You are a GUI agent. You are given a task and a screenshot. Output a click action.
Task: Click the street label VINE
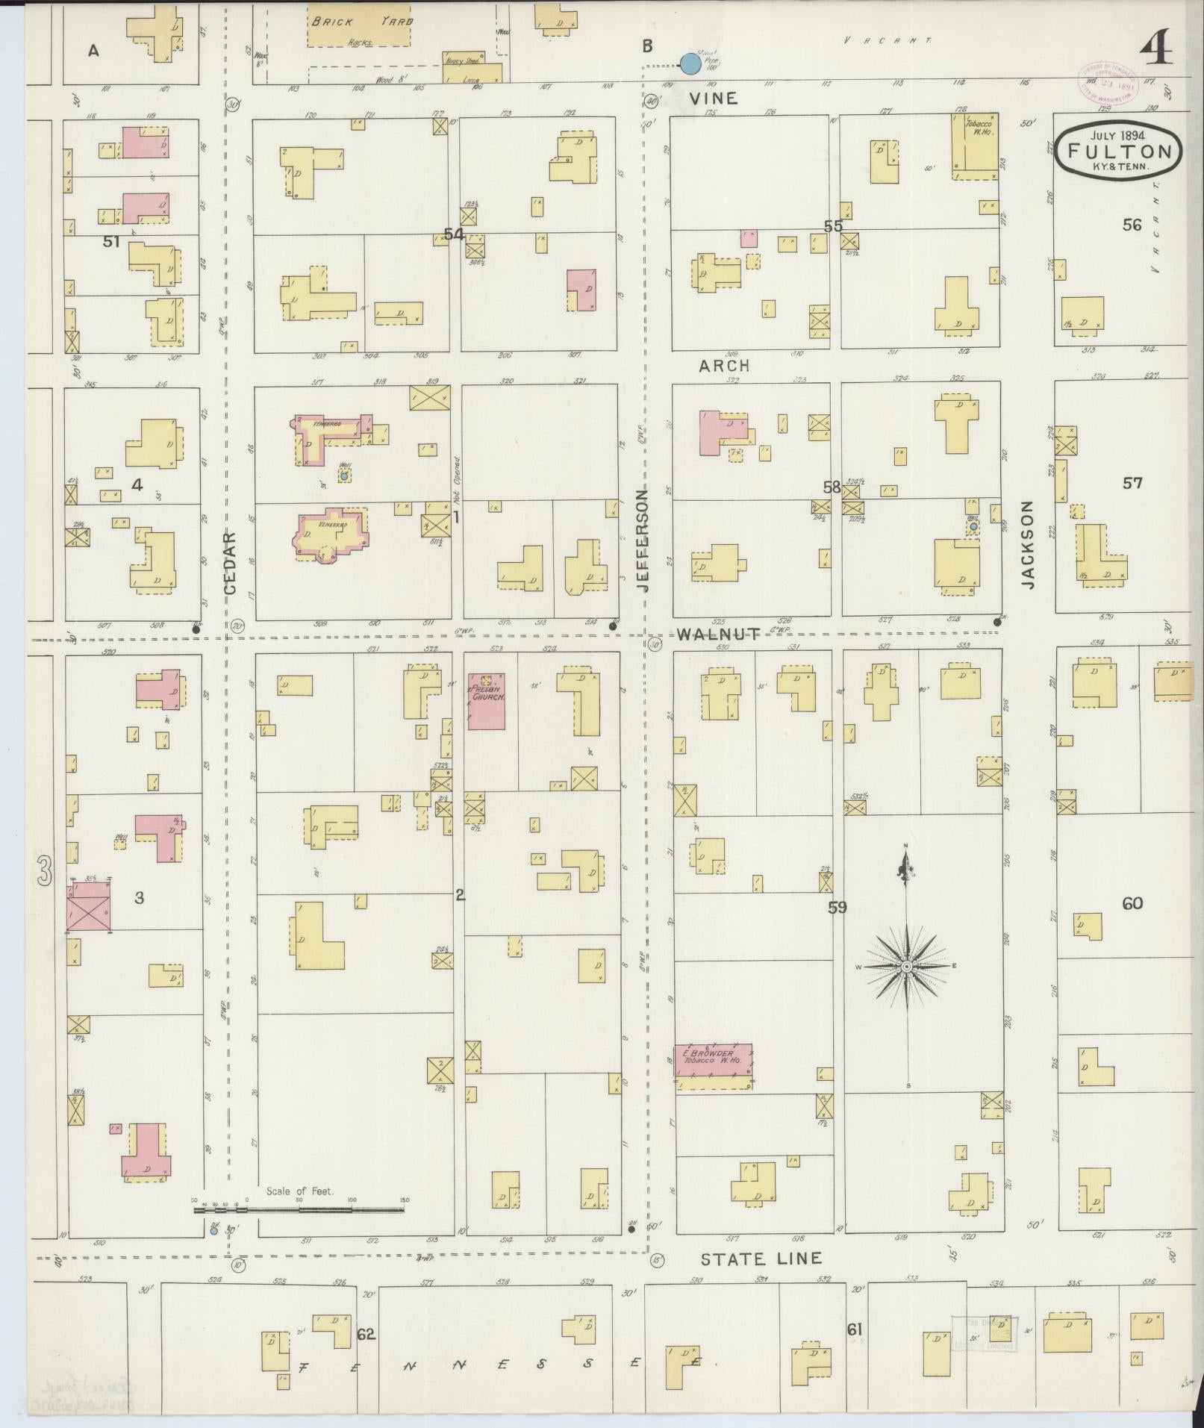713,98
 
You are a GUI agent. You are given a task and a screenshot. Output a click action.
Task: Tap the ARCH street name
724,366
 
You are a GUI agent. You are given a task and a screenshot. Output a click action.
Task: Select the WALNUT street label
719,635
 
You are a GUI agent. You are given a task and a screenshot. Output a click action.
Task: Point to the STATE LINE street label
761,1259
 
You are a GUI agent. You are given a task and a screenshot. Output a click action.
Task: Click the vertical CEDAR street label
229,562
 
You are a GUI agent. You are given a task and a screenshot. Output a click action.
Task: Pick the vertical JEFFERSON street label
643,540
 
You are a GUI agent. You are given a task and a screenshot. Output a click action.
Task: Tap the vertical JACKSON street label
1028,544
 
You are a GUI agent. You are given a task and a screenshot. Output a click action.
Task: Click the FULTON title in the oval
1119,150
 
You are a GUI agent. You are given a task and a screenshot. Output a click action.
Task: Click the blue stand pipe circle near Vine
690,64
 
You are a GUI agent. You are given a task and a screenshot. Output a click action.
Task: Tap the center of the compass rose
906,967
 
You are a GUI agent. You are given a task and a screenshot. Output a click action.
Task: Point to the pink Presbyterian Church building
487,701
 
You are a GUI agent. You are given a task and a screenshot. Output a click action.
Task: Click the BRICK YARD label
361,22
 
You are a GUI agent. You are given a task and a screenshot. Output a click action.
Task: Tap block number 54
454,234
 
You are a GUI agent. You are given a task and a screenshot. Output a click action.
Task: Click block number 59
837,908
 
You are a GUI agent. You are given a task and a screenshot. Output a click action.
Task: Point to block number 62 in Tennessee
365,1334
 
